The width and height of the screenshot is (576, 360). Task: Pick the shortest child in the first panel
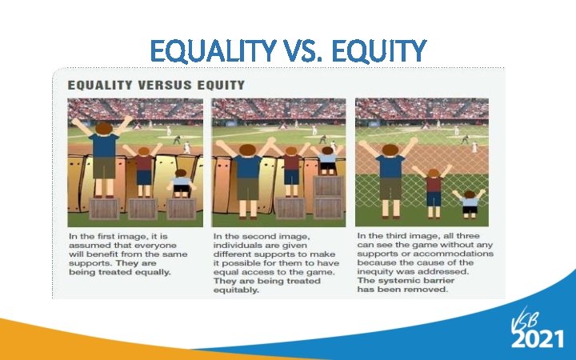(182, 183)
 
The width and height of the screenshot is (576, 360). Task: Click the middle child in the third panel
(434, 190)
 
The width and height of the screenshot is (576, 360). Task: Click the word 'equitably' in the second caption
(238, 290)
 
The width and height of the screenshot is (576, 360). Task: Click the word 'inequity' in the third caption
(380, 272)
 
